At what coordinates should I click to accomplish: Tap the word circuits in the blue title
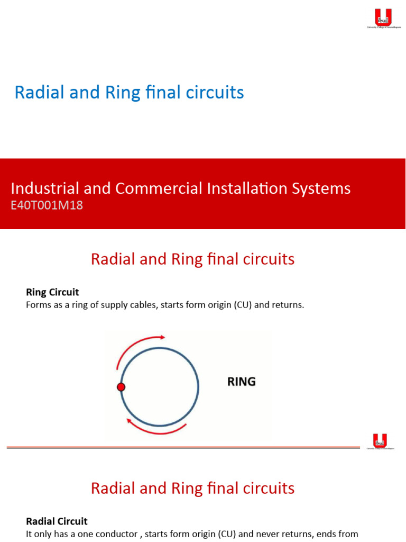click(215, 93)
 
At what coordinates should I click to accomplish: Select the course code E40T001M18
click(47, 205)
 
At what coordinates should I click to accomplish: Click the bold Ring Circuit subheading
click(52, 292)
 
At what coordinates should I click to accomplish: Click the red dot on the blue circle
click(121, 387)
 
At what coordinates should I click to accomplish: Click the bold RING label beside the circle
click(242, 382)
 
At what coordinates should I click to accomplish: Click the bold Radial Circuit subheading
click(57, 521)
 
